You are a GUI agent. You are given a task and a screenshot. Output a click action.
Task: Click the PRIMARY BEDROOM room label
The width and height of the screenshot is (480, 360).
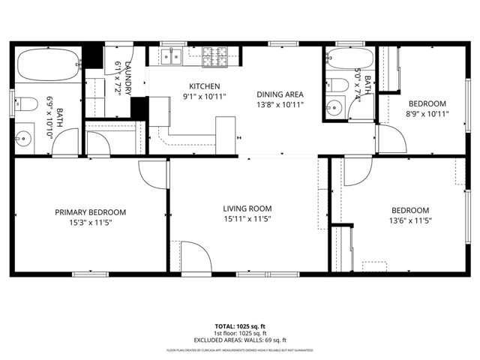pos(90,212)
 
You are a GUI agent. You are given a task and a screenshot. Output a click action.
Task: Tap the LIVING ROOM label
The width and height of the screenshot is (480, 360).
pos(247,208)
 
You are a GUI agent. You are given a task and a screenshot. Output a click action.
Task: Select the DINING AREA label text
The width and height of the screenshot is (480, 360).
pos(280,94)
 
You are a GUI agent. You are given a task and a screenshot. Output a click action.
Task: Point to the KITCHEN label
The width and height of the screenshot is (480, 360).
pos(204,86)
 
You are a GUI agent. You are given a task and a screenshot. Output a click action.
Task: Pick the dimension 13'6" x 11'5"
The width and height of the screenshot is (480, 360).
pos(410,220)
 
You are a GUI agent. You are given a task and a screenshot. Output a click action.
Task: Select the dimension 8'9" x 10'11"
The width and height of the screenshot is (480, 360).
pos(427,114)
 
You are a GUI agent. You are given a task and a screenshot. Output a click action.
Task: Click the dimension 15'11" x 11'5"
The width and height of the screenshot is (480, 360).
pos(247,220)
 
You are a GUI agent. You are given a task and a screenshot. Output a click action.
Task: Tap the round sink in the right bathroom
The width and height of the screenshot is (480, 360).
pos(334,108)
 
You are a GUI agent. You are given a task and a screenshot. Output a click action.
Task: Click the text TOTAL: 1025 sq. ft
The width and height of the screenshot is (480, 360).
pos(240,327)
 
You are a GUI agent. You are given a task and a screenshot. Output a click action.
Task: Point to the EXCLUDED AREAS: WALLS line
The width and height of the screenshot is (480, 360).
pos(240,340)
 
